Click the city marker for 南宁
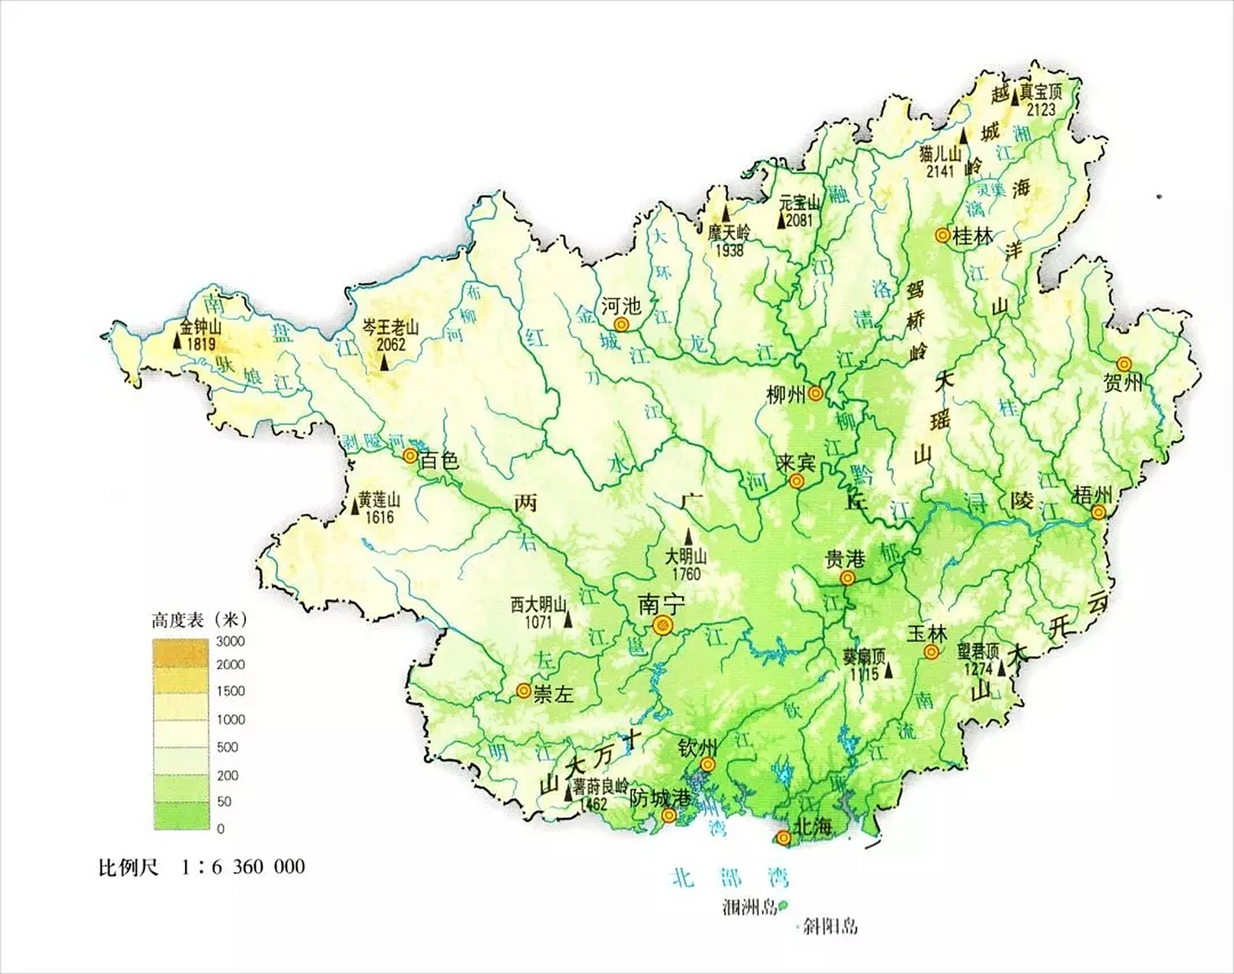pos(663,625)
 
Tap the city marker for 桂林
pos(942,236)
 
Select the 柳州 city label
pos(786,394)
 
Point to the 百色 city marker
pos(410,456)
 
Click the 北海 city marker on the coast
pos(783,838)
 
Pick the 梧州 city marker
pos(1098,512)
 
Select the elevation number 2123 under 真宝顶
pos(1041,109)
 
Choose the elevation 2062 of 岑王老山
pos(391,344)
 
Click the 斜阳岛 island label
pos(832,926)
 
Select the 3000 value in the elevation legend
pos(230,641)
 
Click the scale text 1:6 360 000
pos(243,867)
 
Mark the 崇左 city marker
pos(524,690)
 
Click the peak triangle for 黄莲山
pos(356,508)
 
